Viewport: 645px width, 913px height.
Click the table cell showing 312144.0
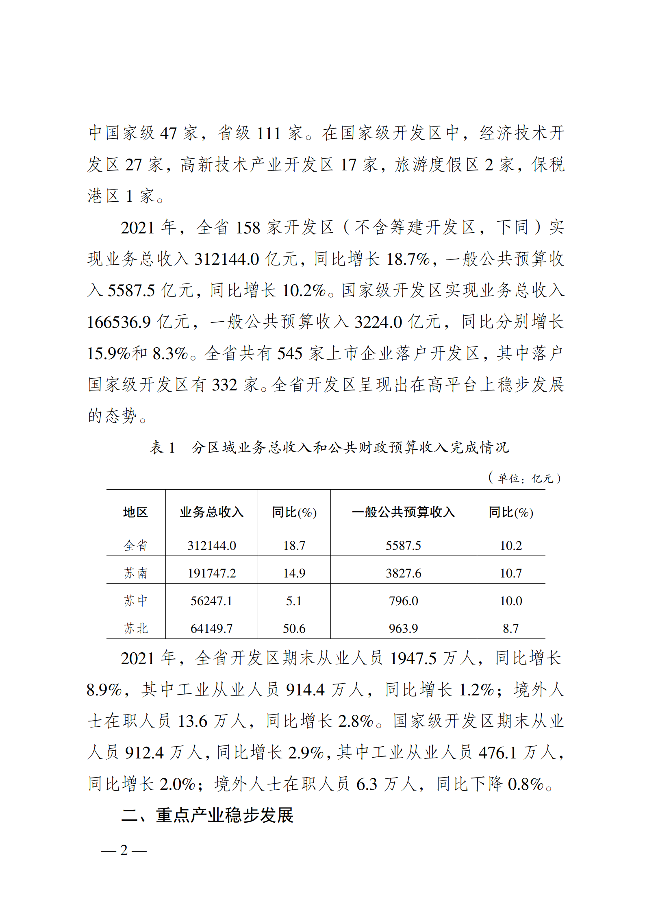(211, 545)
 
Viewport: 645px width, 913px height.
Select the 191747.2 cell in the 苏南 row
(211, 573)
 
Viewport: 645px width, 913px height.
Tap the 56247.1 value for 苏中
(211, 601)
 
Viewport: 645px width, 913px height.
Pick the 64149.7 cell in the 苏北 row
(211, 628)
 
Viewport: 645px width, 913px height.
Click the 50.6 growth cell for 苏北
(294, 628)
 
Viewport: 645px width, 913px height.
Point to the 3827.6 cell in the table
(403, 573)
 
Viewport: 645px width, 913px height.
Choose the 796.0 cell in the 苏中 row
(403, 601)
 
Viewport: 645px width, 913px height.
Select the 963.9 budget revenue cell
(403, 628)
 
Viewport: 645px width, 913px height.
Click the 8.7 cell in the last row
(510, 628)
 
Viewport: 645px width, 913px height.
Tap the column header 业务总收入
(211, 512)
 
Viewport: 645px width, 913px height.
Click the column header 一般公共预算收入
(403, 512)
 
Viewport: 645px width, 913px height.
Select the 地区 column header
(135, 512)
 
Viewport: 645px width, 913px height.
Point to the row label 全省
(135, 545)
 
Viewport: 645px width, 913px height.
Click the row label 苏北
(135, 628)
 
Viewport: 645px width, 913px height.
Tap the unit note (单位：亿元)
(525, 478)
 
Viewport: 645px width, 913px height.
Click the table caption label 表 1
(162, 448)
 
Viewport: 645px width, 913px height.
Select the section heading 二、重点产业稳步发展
(207, 815)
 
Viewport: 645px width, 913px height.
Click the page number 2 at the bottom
(124, 850)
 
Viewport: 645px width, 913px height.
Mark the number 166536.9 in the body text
(119, 322)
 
